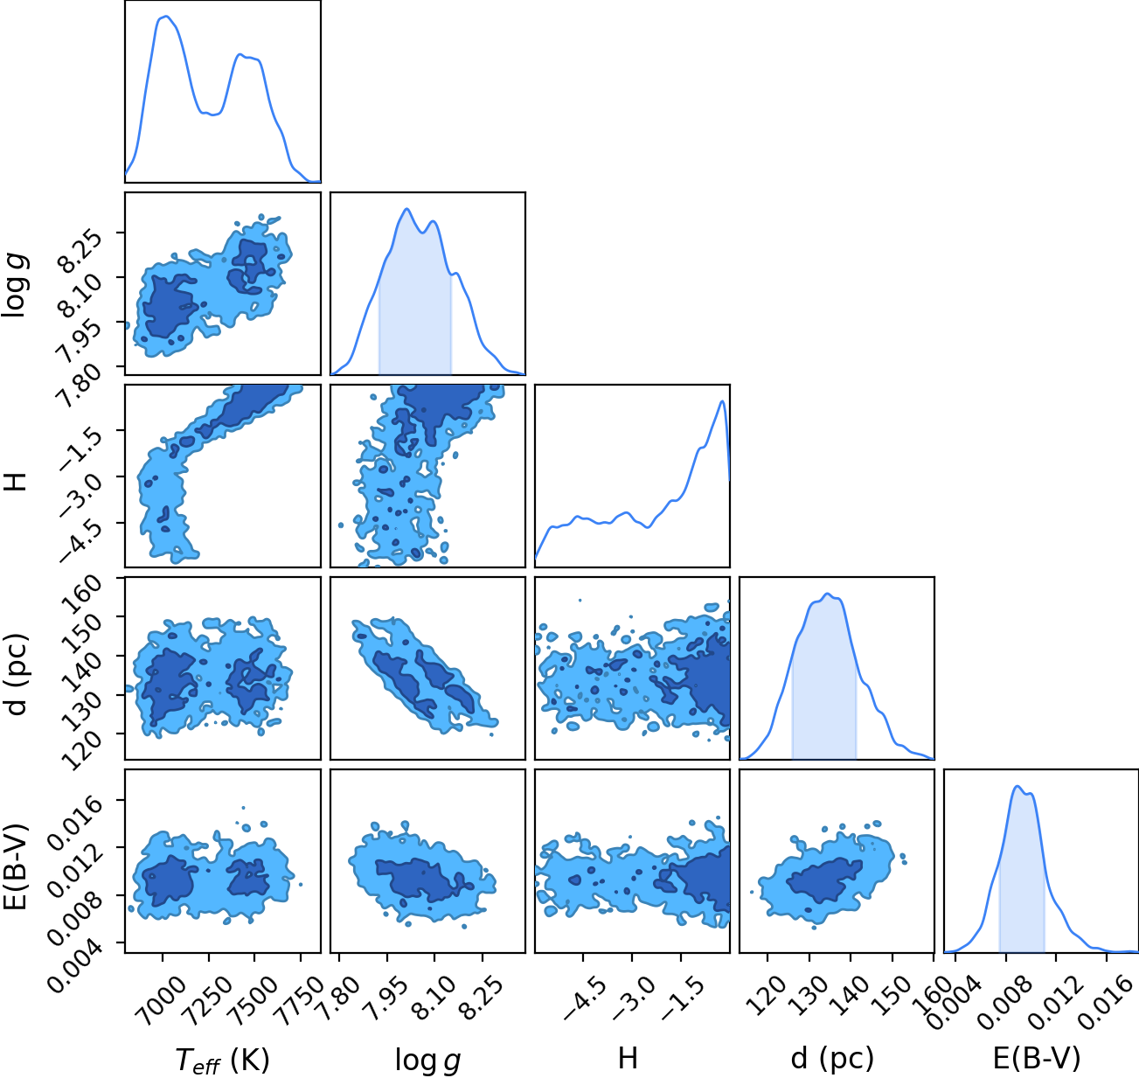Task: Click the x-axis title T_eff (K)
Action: pyautogui.click(x=223, y=1060)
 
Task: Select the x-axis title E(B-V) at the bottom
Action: pyautogui.click(x=1037, y=1058)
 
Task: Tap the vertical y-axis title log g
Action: pyautogui.click(x=16, y=284)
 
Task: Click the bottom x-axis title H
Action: pyautogui.click(x=628, y=1058)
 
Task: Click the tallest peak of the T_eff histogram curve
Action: pyautogui.click(x=166, y=17)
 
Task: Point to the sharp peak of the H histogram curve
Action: pyautogui.click(x=722, y=401)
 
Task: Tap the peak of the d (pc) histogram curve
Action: pyautogui.click(x=828, y=594)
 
